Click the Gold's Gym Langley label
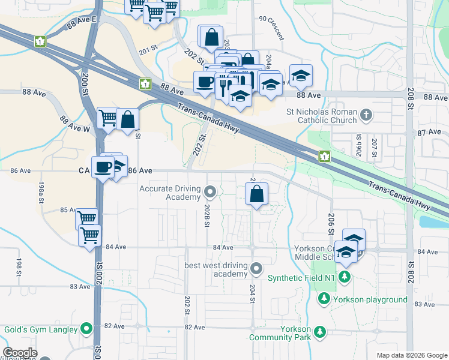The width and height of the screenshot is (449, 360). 41,329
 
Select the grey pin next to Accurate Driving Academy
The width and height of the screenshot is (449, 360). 209,192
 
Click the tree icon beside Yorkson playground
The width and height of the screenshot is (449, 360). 324,299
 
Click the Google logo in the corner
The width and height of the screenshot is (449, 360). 19,353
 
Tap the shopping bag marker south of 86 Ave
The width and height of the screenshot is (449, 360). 256,194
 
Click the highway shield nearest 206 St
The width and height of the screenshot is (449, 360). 324,157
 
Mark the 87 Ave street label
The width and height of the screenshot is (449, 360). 429,132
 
